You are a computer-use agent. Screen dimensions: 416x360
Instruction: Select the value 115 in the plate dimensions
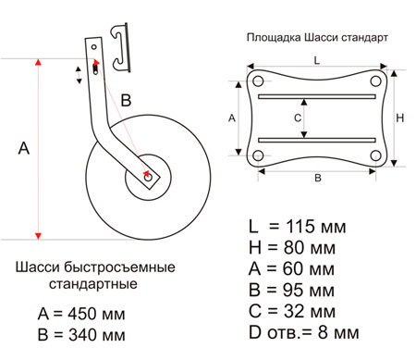(x=300, y=227)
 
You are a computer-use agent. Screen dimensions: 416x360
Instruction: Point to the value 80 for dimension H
(x=294, y=248)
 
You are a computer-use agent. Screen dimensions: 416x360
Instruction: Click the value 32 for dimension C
(x=294, y=311)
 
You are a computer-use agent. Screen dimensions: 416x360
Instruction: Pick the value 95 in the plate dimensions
(x=293, y=290)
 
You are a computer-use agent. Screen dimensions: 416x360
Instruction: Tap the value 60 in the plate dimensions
(x=293, y=268)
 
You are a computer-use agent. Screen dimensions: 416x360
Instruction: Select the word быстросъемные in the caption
(x=119, y=267)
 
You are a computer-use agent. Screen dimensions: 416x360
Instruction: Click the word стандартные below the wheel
(x=93, y=284)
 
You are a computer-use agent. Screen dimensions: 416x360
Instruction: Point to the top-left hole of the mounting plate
(x=258, y=81)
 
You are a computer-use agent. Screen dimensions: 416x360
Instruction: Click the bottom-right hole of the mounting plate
(x=375, y=155)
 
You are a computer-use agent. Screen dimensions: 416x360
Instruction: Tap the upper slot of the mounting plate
(x=317, y=96)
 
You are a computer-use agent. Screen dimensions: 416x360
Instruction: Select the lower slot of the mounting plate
(x=317, y=140)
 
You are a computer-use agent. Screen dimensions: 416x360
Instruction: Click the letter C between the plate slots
(x=298, y=118)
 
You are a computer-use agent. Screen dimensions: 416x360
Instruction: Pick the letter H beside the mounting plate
(x=400, y=118)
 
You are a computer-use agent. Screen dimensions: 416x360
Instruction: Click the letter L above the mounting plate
(x=317, y=60)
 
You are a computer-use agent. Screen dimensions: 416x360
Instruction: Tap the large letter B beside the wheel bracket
(x=126, y=101)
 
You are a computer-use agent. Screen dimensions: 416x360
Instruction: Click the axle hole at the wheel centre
(x=148, y=178)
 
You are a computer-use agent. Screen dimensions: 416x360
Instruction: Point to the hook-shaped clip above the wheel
(x=121, y=46)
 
